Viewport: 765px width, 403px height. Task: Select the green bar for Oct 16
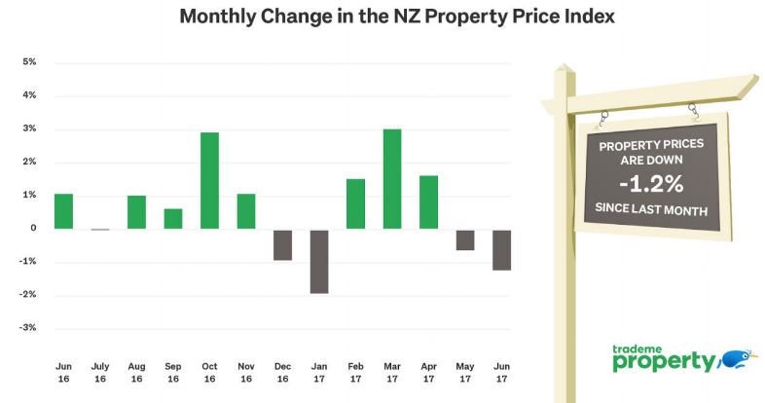coord(209,180)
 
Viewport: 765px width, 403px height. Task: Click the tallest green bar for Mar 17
coord(392,179)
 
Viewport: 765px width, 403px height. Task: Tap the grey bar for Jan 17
coord(319,261)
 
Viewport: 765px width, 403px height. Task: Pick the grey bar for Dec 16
coord(282,244)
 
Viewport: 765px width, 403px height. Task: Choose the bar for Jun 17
coord(501,249)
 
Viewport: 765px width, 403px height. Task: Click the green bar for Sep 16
coord(173,219)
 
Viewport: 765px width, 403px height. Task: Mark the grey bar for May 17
coord(465,239)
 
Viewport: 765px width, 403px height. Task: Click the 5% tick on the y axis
coord(29,62)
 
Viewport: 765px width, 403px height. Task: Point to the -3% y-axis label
coord(28,328)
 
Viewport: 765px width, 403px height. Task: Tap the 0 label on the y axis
coord(33,229)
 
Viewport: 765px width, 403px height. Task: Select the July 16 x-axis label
coord(100,373)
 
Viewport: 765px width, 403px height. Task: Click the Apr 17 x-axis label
coord(428,373)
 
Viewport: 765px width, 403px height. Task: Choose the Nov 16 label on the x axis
coord(246,373)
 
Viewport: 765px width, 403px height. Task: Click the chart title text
coord(382,17)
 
